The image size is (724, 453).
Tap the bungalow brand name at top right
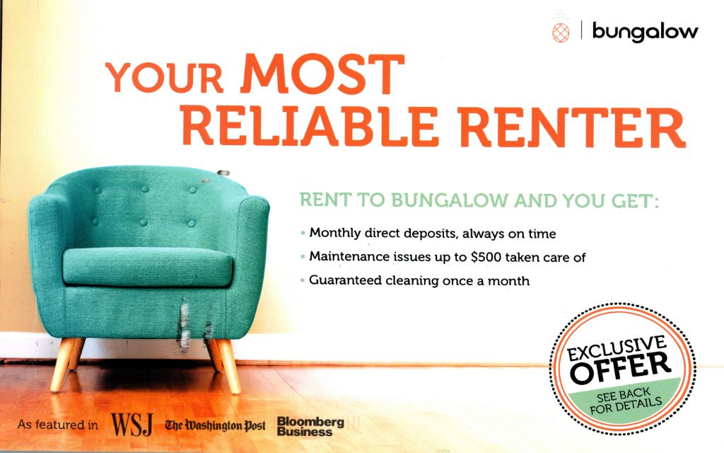click(x=645, y=31)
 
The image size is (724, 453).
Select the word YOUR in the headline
click(x=165, y=77)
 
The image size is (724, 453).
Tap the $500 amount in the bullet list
click(x=486, y=257)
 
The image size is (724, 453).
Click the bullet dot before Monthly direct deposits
click(x=303, y=233)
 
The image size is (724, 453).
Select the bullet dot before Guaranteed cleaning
click(x=303, y=280)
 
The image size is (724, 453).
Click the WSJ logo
click(x=132, y=425)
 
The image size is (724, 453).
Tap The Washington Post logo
click(x=215, y=425)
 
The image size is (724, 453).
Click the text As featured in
click(x=58, y=425)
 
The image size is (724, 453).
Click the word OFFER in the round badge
click(x=620, y=367)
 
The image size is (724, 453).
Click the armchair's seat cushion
click(x=147, y=267)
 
